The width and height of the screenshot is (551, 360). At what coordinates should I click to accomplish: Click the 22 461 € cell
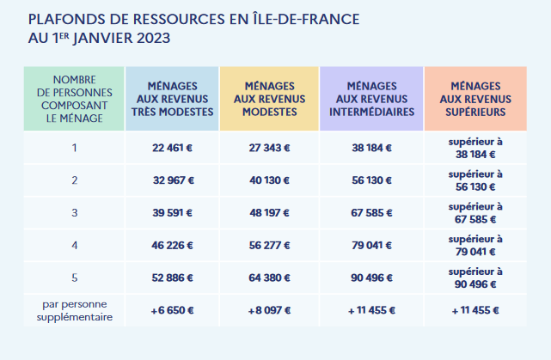coord(172,148)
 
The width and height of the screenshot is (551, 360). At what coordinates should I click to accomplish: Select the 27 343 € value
coord(269,148)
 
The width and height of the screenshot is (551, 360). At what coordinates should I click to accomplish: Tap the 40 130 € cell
coord(269,180)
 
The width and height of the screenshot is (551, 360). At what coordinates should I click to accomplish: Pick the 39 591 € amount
coord(172,213)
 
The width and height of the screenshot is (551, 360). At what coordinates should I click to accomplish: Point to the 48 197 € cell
coord(269,213)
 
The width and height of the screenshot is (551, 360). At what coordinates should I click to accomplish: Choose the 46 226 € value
coord(172,246)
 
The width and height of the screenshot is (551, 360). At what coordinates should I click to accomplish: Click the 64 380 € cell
coord(269,278)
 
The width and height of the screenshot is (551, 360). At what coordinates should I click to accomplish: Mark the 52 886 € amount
coord(172,278)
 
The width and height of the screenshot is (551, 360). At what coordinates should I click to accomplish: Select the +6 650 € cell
coord(172,310)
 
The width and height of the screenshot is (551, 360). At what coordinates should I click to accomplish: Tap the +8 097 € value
coord(269,310)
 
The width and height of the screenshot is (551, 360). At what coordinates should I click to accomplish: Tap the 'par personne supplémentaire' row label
coord(74,310)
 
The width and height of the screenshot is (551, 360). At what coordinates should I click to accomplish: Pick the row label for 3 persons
coord(74,213)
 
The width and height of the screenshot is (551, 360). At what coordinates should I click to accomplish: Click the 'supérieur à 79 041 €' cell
coord(475,246)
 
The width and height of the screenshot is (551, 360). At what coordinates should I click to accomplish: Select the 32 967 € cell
coord(172,180)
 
